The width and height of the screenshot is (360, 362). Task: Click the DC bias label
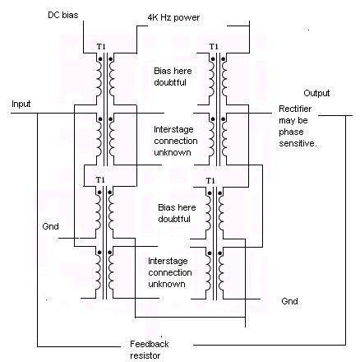tap(62, 15)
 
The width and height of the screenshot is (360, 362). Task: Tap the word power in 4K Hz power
tap(187, 18)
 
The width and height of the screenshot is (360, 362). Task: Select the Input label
tap(21, 104)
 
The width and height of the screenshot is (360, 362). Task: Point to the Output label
tap(316, 93)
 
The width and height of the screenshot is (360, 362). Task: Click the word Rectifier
tap(295, 109)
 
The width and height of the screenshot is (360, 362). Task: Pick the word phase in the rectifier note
tap(291, 132)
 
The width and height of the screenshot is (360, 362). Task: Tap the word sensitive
tap(298, 143)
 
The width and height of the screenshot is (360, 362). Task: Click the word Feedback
tap(150, 344)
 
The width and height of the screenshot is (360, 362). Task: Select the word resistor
tap(145, 355)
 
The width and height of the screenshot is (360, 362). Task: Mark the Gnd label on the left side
tap(50, 226)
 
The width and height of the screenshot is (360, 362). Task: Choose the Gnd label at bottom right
tap(289, 301)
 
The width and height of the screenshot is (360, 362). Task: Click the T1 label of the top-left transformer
tap(101, 47)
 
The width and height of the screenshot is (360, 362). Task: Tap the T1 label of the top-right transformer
tap(214, 47)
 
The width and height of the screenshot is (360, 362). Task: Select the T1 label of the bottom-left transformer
tap(100, 180)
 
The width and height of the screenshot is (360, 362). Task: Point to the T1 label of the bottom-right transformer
tap(210, 181)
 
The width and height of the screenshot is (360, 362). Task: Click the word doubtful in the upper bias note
tap(170, 82)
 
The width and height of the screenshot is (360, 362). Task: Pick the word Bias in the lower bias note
tap(166, 207)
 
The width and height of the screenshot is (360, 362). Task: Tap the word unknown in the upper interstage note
tap(173, 152)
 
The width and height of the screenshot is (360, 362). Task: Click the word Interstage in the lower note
tap(168, 261)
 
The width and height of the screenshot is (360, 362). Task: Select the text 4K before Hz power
tap(153, 18)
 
